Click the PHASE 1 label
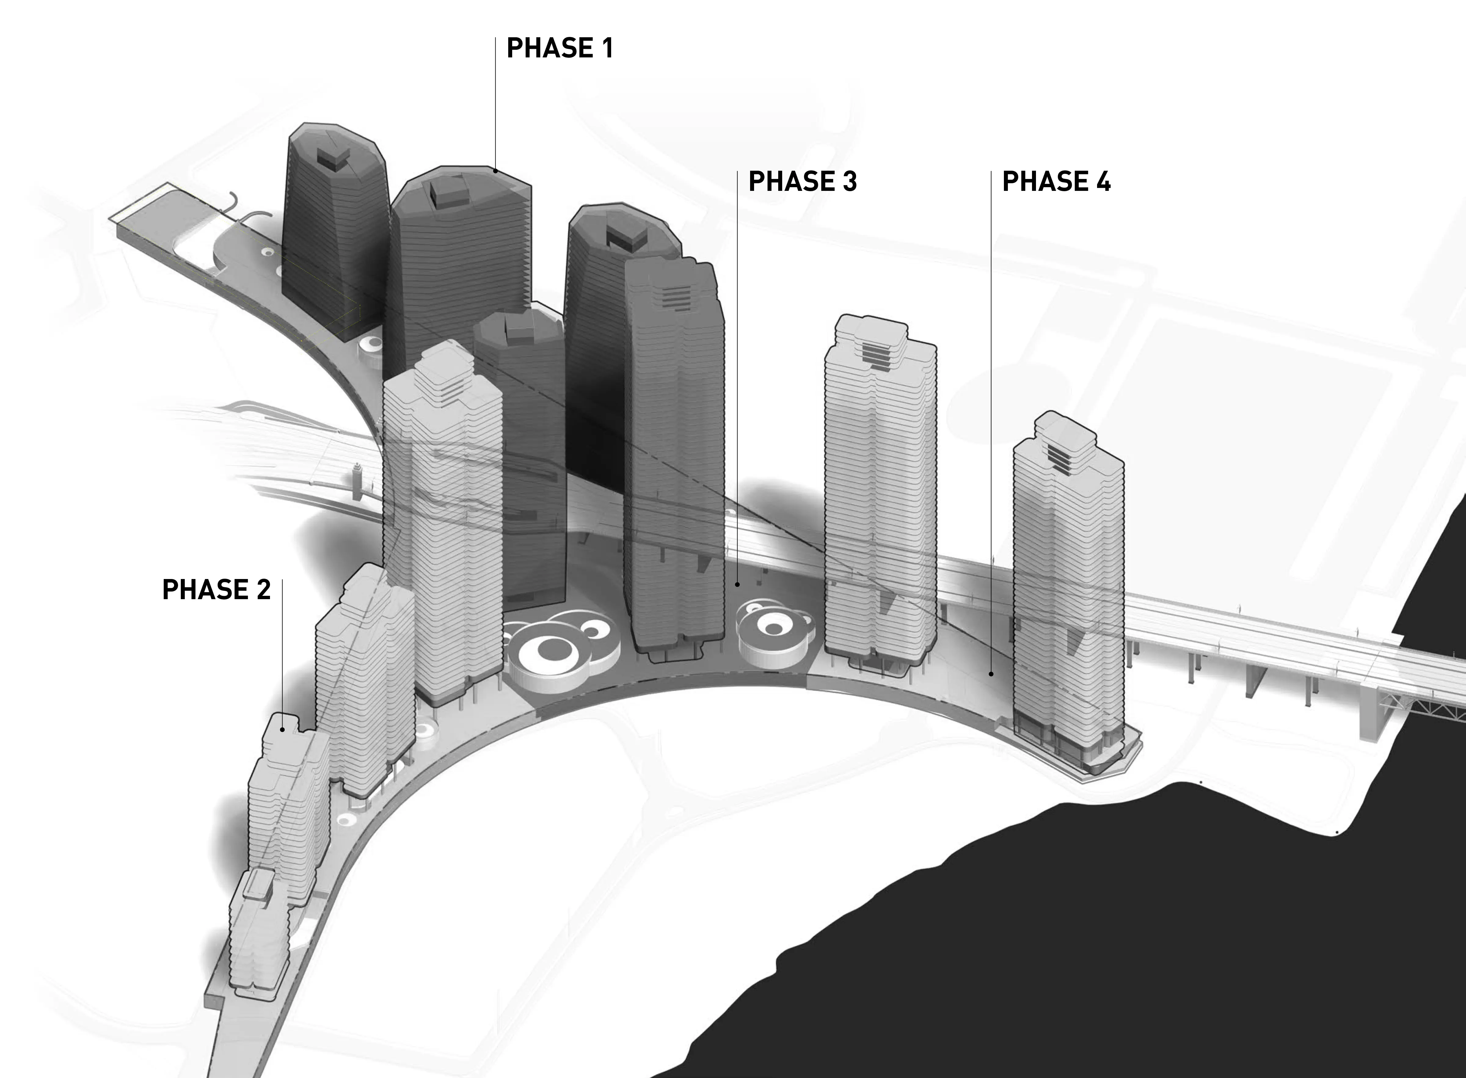560,48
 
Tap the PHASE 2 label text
216,590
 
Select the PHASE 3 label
803,181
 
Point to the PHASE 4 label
1056,181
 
